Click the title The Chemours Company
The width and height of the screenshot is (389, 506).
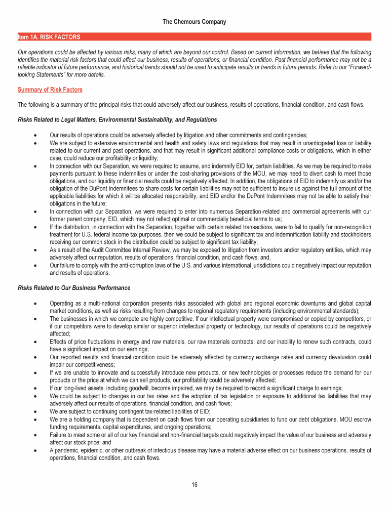(194, 22)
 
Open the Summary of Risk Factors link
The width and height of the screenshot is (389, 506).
(50, 90)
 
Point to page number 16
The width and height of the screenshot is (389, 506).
(194, 485)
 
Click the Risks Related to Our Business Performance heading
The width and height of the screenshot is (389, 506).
(74, 288)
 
